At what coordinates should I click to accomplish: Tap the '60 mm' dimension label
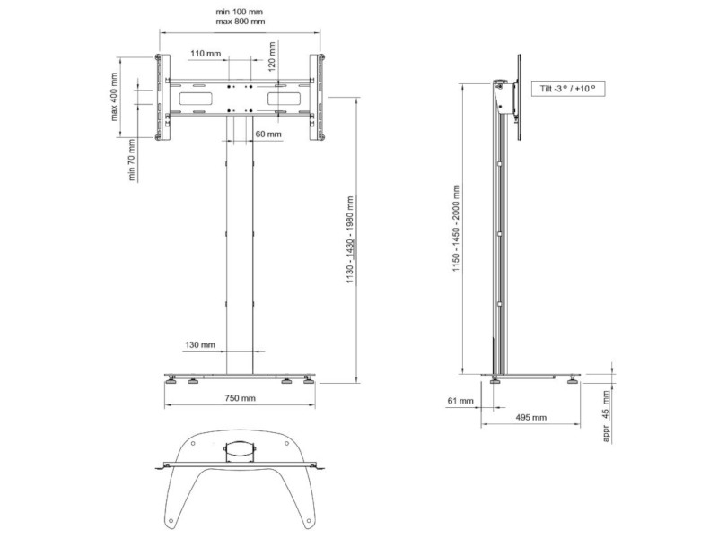coord(267,134)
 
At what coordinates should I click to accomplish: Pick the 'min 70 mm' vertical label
coord(132,160)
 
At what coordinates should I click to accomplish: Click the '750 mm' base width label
coord(240,398)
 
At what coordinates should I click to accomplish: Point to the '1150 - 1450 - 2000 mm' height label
coord(456,235)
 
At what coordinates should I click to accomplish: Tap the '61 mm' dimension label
coord(460,402)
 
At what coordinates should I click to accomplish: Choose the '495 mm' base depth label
coord(532,418)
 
